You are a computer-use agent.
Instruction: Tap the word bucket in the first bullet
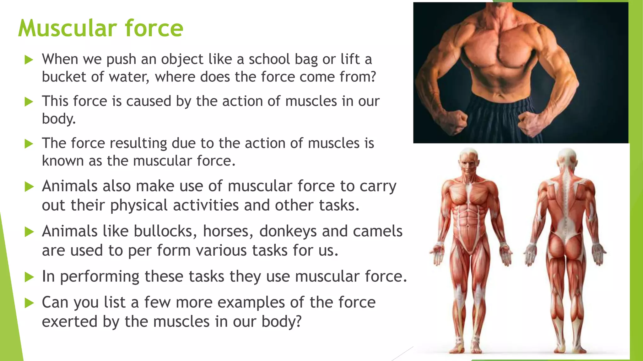[64, 77]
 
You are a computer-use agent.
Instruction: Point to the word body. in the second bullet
[59, 119]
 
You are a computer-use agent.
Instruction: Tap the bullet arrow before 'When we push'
[29, 60]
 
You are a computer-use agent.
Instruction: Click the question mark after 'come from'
[372, 77]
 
